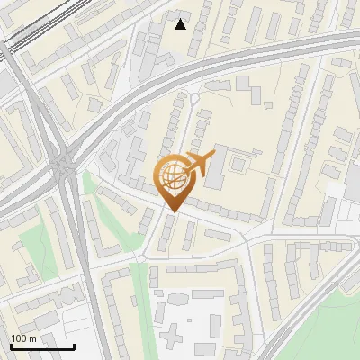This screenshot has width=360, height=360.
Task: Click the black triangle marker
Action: pyautogui.click(x=181, y=24)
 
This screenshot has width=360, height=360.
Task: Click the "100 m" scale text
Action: pyautogui.click(x=24, y=338)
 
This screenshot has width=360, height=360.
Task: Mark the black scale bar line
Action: pyautogui.click(x=41, y=346)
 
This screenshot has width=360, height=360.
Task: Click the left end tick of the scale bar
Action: pyautogui.click(x=10, y=345)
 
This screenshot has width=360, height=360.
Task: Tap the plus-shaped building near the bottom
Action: pyautogui.click(x=178, y=311)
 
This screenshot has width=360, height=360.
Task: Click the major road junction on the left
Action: pyautogui.click(x=63, y=164)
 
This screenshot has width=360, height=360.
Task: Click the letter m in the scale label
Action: pyautogui.click(x=32, y=338)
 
